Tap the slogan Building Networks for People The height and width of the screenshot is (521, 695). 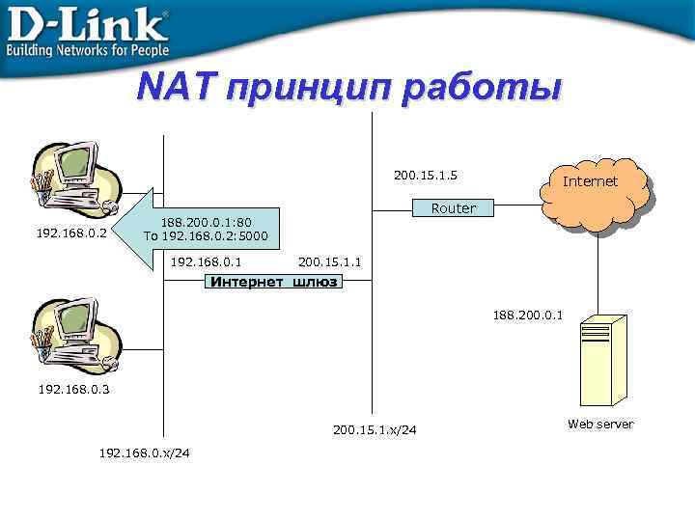(89, 50)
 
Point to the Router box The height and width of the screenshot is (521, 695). (454, 208)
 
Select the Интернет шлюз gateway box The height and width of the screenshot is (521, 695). (274, 282)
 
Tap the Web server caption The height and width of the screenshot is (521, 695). (600, 425)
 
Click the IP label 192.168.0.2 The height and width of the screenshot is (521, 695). (71, 233)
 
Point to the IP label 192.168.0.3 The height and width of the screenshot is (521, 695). (73, 390)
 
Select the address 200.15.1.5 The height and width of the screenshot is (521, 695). (426, 176)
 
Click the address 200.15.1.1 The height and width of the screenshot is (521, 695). (330, 261)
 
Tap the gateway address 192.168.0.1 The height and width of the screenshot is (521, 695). (206, 261)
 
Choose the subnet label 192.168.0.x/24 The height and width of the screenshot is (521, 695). (145, 453)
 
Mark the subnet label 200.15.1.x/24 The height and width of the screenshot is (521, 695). (375, 429)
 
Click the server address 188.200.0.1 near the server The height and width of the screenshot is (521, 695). (528, 315)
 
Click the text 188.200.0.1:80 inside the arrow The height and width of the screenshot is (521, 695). (206, 222)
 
